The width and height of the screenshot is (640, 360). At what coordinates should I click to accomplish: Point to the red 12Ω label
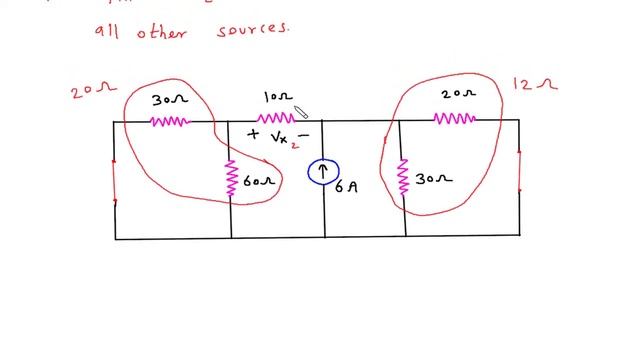pyautogui.click(x=534, y=86)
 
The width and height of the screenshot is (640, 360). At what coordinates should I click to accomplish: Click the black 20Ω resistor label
pyautogui.click(x=459, y=94)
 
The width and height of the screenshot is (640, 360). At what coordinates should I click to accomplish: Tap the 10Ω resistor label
pyautogui.click(x=276, y=97)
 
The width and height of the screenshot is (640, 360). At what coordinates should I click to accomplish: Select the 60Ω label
pyautogui.click(x=257, y=182)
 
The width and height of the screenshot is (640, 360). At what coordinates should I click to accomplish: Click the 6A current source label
pyautogui.click(x=346, y=187)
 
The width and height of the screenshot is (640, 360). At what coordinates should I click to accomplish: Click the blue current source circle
pyautogui.click(x=323, y=173)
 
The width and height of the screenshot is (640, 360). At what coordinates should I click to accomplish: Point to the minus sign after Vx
pyautogui.click(x=304, y=135)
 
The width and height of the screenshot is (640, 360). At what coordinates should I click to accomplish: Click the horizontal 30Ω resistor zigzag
pyautogui.click(x=169, y=121)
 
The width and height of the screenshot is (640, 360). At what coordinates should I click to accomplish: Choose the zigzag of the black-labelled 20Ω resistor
pyautogui.click(x=455, y=119)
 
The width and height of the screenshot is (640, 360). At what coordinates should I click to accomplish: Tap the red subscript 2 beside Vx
pyautogui.click(x=294, y=144)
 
